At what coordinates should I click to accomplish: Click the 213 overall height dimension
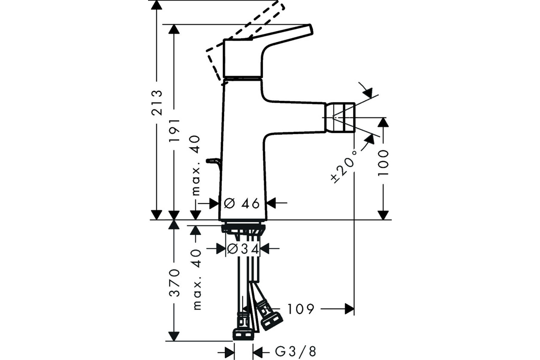(157, 103)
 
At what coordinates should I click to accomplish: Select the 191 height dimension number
(174, 130)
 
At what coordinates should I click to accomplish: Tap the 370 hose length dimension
(174, 283)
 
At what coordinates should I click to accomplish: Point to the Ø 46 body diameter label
(242, 203)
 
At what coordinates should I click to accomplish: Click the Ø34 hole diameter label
(243, 249)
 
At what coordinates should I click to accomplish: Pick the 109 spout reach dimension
(301, 309)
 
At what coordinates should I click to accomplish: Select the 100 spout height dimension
(383, 163)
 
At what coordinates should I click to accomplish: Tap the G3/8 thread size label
(295, 352)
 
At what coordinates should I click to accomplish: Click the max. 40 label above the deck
(196, 166)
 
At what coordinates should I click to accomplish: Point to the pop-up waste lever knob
(213, 161)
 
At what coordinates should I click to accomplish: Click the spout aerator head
(340, 117)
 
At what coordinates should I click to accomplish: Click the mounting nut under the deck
(243, 229)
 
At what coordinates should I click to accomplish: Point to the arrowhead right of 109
(350, 309)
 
